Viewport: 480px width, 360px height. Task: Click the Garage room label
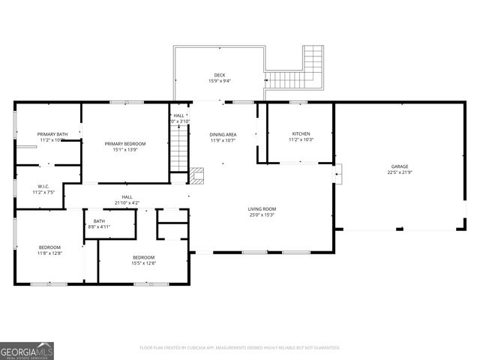tap(399, 166)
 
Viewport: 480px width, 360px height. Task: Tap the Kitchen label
tap(301, 134)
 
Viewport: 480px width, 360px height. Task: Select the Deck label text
tap(219, 75)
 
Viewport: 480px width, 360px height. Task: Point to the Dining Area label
tap(223, 134)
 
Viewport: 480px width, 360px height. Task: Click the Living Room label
tap(262, 209)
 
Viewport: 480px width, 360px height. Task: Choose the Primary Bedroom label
tap(125, 143)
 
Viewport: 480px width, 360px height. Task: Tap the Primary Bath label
tap(52, 134)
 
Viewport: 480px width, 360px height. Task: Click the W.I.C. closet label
tap(43, 187)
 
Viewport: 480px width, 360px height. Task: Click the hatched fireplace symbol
tap(197, 176)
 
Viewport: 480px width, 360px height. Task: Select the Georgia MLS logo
tap(27, 350)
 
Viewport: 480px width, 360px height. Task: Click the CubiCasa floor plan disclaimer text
tap(240, 348)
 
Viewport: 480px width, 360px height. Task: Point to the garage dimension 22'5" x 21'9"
tap(399, 172)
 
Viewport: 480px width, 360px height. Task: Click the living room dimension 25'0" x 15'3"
tap(262, 215)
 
